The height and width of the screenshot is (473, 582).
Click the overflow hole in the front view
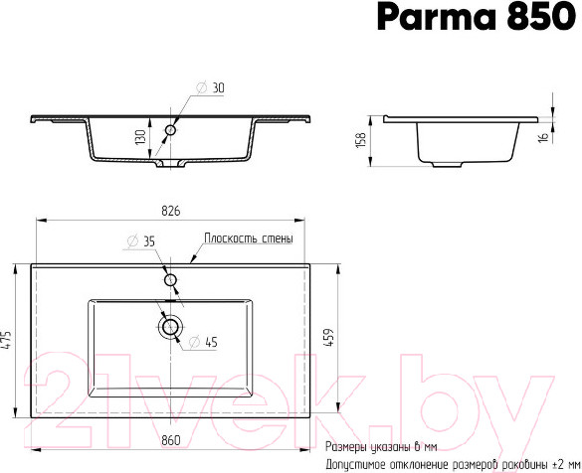click(x=171, y=129)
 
